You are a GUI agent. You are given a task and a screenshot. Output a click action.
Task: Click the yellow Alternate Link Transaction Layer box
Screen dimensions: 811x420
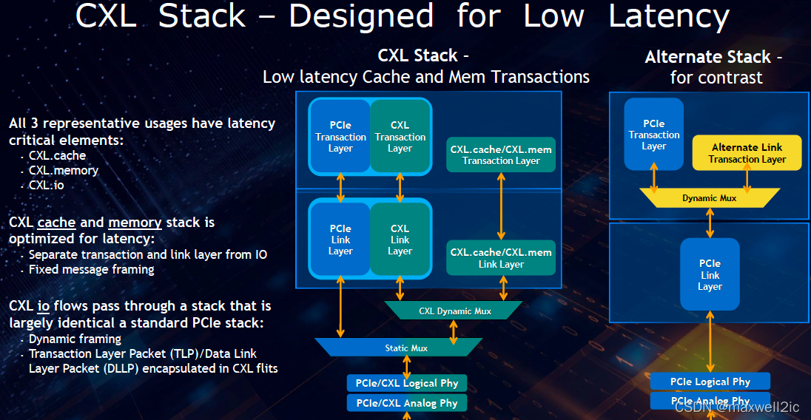[747, 153]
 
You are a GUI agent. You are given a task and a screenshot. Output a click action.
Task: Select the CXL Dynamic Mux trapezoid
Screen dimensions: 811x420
[454, 311]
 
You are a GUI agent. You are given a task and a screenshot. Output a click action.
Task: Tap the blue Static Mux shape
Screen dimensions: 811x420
[399, 348]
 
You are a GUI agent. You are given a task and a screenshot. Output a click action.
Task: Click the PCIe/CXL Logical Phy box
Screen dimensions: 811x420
[407, 383]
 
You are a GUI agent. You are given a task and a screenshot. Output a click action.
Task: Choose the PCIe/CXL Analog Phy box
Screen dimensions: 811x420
[407, 403]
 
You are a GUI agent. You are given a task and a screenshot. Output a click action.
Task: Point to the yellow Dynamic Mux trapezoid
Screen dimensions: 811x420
[710, 198]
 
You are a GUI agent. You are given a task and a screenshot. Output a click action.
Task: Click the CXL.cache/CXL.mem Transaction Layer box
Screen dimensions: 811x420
[501, 155]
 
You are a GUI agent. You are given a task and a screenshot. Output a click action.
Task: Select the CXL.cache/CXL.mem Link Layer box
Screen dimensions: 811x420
[501, 258]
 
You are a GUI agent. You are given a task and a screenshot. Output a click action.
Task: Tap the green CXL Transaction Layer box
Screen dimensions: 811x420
[400, 136]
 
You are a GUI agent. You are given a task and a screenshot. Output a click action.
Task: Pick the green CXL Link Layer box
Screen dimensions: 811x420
[400, 239]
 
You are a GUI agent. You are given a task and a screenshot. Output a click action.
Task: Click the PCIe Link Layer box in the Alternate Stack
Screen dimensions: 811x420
[710, 274]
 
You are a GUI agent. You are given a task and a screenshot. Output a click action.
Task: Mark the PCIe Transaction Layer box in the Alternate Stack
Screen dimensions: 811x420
[654, 135]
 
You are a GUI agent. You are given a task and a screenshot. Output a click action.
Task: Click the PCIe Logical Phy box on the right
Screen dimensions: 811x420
[710, 382]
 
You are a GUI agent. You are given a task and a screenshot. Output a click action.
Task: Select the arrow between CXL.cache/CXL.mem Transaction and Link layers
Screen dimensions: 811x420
[501, 206]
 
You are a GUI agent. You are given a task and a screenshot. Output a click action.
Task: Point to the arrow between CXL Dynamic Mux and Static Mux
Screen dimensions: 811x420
[454, 333]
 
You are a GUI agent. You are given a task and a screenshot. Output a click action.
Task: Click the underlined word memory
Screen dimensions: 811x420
[135, 223]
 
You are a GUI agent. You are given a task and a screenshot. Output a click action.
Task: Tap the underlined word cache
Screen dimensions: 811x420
[56, 223]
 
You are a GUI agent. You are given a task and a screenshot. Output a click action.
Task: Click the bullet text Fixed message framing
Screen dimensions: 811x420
[92, 270]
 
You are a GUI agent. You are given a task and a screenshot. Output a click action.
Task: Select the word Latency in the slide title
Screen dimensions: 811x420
[669, 16]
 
